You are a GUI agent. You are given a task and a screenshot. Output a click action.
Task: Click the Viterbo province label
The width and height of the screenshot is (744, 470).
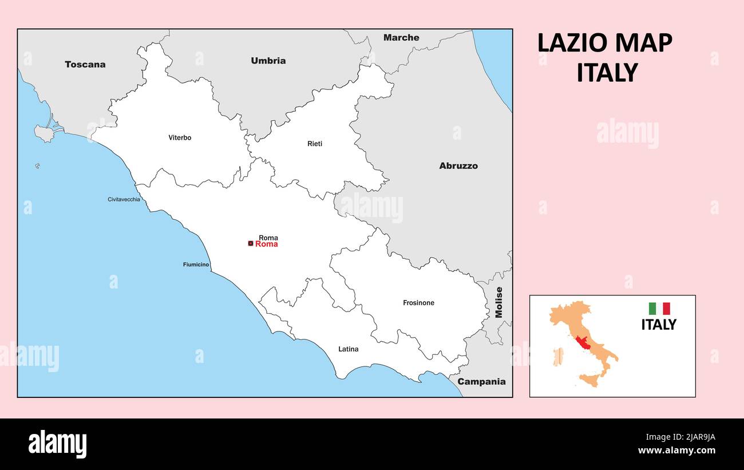click(180, 137)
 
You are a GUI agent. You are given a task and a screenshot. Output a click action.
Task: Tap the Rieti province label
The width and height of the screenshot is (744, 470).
click(315, 144)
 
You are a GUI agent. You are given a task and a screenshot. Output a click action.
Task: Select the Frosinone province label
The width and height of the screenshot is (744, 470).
click(418, 303)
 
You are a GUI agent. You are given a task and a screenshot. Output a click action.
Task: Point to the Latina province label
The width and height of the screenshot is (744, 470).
click(348, 349)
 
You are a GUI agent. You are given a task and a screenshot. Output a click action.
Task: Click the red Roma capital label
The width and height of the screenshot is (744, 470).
click(267, 244)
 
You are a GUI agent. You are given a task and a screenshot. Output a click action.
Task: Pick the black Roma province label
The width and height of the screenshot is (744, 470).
click(268, 238)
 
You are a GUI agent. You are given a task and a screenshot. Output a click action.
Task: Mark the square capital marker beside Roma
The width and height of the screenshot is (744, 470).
click(250, 244)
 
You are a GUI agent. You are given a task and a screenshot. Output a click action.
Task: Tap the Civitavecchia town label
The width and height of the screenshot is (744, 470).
click(124, 199)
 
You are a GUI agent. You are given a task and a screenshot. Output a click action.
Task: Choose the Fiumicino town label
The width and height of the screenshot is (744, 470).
click(196, 264)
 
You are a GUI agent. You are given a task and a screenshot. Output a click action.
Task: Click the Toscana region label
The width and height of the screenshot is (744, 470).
click(85, 65)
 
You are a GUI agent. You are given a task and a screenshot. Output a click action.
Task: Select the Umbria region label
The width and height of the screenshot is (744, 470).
click(268, 61)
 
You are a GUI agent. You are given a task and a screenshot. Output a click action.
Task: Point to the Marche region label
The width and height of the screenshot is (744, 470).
click(401, 38)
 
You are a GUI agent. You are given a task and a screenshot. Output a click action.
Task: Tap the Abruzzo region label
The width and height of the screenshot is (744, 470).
click(458, 166)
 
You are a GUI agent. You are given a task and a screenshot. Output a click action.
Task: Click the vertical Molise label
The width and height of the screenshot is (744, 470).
click(499, 302)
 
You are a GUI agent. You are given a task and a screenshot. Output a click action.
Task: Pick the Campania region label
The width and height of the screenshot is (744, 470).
click(481, 382)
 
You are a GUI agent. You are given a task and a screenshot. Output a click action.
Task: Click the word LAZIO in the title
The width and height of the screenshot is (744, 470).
click(572, 44)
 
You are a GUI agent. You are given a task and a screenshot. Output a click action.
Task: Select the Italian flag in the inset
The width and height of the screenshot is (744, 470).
click(659, 309)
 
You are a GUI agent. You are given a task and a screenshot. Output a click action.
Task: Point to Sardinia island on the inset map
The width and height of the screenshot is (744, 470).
click(558, 357)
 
